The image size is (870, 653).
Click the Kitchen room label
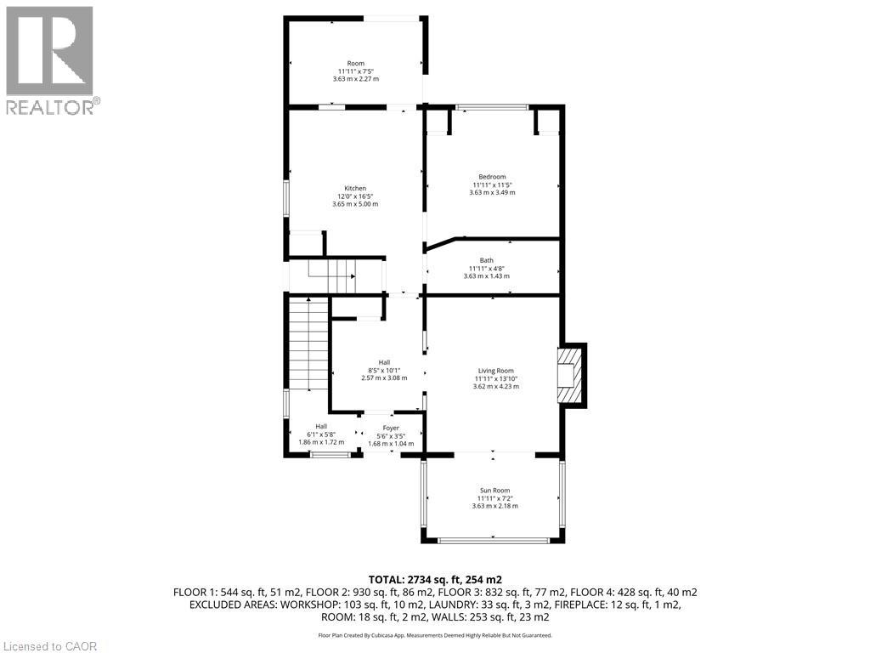click(x=355, y=188)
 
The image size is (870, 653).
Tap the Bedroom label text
click(x=492, y=177)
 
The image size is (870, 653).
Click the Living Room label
click(x=495, y=371)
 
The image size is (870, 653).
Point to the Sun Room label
click(x=495, y=491)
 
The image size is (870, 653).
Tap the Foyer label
click(x=391, y=429)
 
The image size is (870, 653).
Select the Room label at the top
click(x=355, y=64)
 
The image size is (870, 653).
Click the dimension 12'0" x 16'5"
click(x=355, y=196)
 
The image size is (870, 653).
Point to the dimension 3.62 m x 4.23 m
click(x=495, y=387)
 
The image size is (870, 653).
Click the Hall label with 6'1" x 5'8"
click(x=321, y=427)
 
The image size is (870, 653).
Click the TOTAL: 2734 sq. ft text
click(x=434, y=579)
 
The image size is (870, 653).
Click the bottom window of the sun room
click(x=492, y=540)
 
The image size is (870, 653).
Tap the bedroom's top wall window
click(x=492, y=107)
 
